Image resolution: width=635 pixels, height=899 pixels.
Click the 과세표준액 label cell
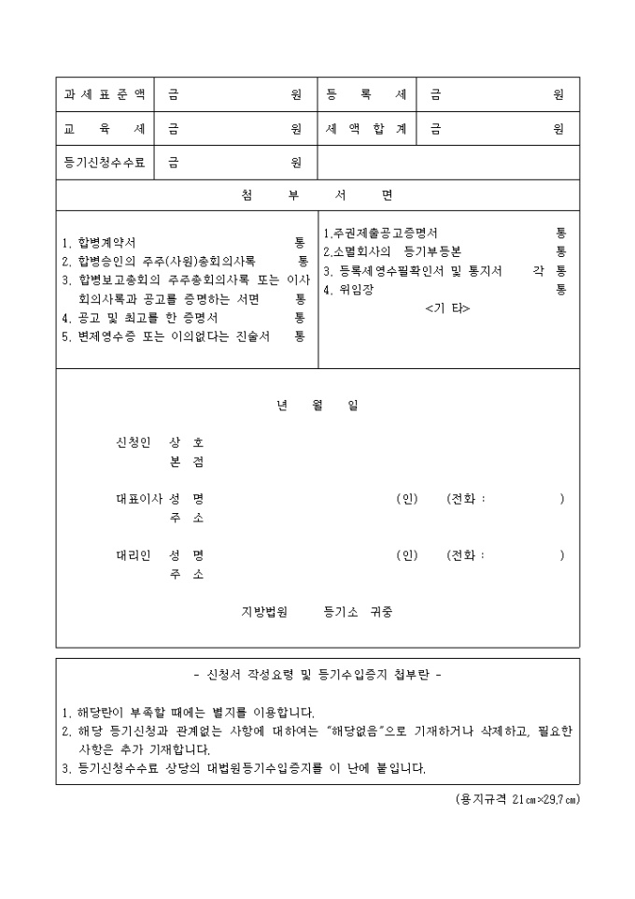(x=105, y=94)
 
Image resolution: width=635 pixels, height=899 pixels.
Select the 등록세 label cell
(x=366, y=94)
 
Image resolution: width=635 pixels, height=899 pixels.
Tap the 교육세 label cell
(x=105, y=128)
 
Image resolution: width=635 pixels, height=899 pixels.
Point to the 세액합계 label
(x=366, y=128)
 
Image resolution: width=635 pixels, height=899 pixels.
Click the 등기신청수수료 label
(x=105, y=162)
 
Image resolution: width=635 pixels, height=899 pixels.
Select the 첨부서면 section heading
(x=317, y=195)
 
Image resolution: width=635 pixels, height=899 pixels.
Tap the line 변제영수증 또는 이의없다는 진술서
(x=168, y=336)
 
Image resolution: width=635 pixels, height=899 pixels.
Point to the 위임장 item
(x=347, y=290)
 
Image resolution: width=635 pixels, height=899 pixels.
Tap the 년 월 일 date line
(x=317, y=405)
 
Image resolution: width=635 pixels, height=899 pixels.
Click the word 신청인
(x=131, y=441)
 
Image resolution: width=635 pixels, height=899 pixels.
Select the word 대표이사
(x=135, y=498)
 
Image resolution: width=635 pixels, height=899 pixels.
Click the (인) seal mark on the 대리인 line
(x=407, y=555)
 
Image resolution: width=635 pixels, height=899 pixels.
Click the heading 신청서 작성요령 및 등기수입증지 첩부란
(x=317, y=674)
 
